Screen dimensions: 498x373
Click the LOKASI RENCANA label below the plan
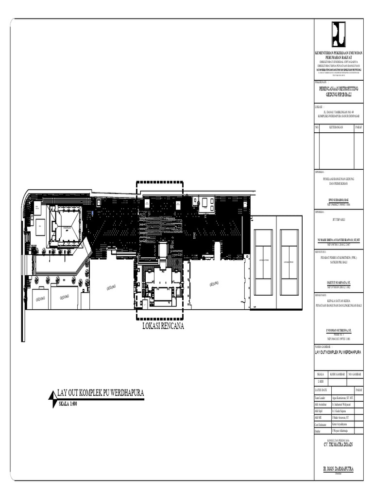pyautogui.click(x=163, y=326)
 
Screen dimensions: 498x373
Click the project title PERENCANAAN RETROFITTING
pyautogui.click(x=339, y=89)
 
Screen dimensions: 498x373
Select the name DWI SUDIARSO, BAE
pyautogui.click(x=339, y=200)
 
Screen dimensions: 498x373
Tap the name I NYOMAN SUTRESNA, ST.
pyautogui.click(x=339, y=330)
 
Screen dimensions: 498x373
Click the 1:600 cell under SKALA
pyautogui.click(x=320, y=382)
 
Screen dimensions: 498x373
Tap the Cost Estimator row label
pyautogui.click(x=322, y=424)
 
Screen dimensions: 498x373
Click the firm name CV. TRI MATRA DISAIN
pyautogui.click(x=339, y=445)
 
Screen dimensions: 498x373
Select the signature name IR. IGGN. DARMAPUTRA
pyautogui.click(x=339, y=469)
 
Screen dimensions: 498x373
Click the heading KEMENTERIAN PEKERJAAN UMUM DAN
pyautogui.click(x=339, y=52)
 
